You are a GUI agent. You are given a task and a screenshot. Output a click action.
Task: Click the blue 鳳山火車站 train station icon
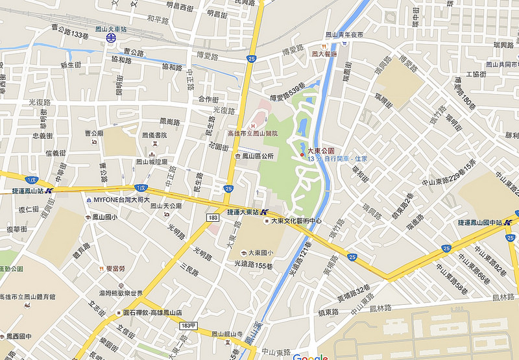(112, 38)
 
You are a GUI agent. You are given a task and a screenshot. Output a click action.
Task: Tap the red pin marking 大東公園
(302, 154)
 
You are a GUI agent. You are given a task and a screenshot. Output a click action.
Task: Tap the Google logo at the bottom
(309, 357)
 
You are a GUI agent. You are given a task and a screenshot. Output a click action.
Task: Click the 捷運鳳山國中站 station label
(484, 222)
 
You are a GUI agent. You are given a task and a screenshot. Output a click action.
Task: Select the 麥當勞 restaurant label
(115, 268)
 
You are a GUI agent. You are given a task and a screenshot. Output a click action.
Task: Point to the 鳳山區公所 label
(258, 156)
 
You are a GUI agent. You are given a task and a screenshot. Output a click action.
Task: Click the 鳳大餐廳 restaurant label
(324, 54)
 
